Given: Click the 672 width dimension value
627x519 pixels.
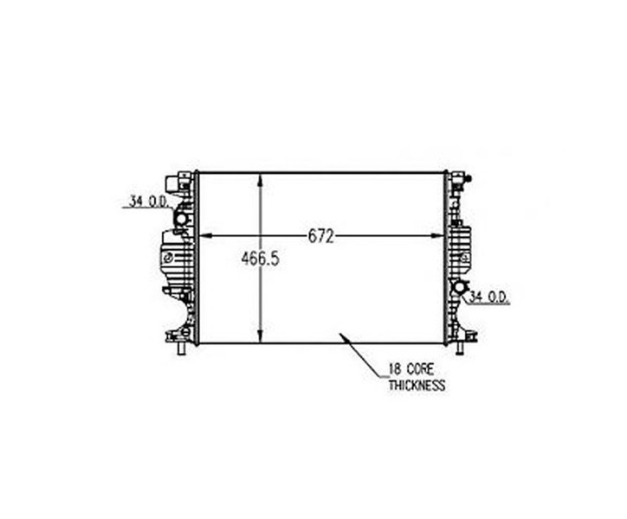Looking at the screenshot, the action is point(320,237).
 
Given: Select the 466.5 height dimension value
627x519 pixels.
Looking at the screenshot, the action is point(261,259).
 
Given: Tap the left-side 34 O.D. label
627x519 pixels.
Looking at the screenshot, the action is point(148,202).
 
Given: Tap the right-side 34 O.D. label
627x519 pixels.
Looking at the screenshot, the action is point(488,297).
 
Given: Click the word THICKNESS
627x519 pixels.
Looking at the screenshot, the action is point(417,386).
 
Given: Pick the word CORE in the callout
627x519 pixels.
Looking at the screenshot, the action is point(420,369).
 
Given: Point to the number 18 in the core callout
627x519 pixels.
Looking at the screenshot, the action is point(395,369).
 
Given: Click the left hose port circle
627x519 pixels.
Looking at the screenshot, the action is point(181,219).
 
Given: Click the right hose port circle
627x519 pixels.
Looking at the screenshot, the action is point(459,287).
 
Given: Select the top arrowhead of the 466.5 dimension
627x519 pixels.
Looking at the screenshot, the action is point(261,179).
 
